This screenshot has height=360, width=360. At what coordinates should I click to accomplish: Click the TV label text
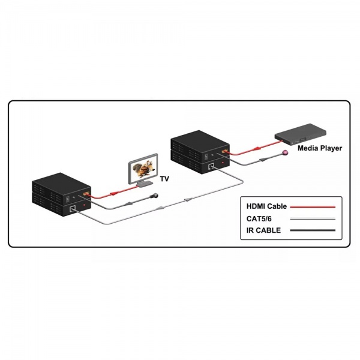164,179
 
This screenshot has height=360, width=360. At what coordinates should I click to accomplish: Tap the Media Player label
320,148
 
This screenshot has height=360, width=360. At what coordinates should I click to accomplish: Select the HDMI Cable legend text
266,206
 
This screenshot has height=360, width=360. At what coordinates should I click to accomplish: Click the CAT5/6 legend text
259,218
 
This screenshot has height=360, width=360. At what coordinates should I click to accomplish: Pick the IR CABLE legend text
263,230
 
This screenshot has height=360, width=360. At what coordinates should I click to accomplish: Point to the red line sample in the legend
313,207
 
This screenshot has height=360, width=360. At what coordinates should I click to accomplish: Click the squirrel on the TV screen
143,169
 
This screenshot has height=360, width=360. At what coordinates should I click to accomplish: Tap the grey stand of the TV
145,184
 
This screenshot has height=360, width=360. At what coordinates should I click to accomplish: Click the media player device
301,134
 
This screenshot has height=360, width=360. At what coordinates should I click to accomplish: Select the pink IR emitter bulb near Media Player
286,152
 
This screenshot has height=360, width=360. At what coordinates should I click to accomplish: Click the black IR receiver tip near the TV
154,196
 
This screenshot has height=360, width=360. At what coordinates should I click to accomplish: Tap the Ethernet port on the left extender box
73,208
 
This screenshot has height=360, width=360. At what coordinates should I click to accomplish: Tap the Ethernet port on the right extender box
211,166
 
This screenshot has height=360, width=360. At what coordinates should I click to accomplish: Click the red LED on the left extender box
85,205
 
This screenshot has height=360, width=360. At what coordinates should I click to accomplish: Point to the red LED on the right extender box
223,163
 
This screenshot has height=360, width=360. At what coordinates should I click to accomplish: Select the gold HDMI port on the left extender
86,194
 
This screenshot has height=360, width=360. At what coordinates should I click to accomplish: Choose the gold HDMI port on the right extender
224,152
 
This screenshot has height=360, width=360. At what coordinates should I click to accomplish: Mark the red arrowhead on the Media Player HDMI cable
257,149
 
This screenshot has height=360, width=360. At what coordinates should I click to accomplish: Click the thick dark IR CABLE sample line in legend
313,230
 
